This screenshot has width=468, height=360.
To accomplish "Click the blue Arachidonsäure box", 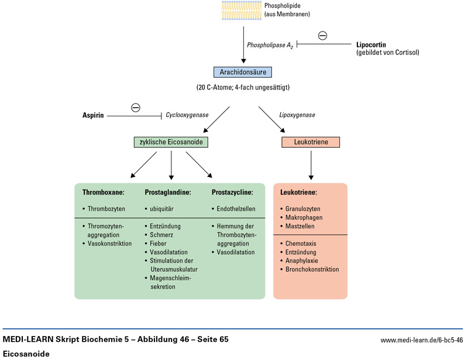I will [x=243, y=73].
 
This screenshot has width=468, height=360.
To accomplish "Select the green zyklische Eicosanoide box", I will [x=171, y=142].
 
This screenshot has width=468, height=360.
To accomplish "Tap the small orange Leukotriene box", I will [x=311, y=142].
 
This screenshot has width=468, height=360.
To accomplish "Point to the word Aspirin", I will [x=92, y=116].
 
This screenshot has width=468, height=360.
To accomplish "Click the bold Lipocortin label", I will [x=375, y=44].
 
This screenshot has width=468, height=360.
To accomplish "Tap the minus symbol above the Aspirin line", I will [x=136, y=107].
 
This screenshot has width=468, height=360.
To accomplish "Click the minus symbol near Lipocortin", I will [x=322, y=36].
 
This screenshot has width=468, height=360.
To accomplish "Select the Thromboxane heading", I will [x=104, y=192].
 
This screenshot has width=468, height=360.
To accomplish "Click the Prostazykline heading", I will [x=232, y=192].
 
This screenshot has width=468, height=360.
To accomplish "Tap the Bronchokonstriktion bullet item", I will [x=312, y=269].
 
